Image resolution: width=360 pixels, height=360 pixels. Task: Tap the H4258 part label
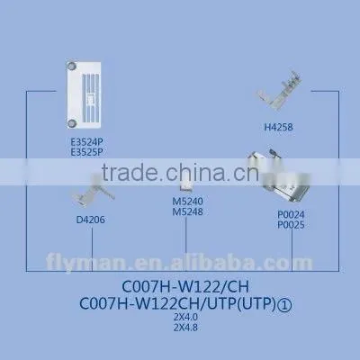pos(278,127)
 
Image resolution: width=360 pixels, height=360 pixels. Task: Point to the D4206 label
pos(91,220)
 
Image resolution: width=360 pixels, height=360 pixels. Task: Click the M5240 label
pos(188,201)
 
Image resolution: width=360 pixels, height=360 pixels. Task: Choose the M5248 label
pos(188,211)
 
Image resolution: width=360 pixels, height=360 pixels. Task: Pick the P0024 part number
pos(291,214)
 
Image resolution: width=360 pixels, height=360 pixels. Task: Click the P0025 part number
pos(291,225)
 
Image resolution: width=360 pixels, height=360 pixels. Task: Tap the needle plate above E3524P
pos(84,95)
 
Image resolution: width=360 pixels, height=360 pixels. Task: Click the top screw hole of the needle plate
pos(72,67)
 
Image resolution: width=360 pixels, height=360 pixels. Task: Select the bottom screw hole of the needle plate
pos(72,123)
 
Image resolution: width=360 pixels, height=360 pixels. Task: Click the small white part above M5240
pos(185,185)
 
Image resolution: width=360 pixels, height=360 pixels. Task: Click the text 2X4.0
pos(185,317)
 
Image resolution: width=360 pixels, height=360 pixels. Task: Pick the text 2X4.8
pos(185,328)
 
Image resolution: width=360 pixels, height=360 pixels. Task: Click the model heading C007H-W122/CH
pos(185,287)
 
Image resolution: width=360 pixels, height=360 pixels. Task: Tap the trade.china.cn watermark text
pos(180,173)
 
